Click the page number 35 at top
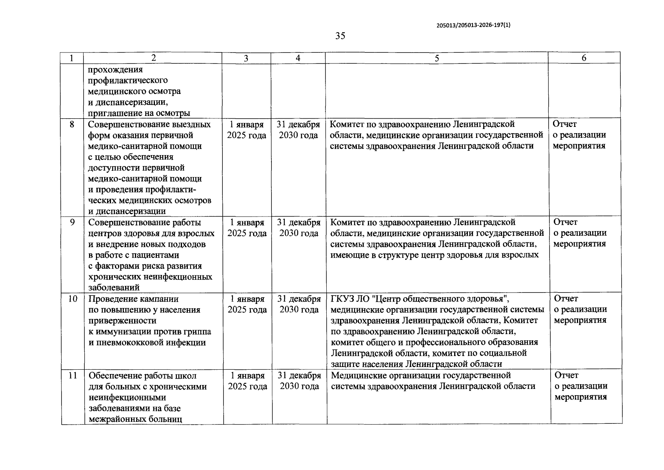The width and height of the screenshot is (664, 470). pyautogui.click(x=340, y=36)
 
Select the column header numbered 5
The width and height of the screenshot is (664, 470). pyautogui.click(x=437, y=58)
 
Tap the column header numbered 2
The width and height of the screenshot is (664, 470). pyautogui.click(x=153, y=58)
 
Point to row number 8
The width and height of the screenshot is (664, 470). pyautogui.click(x=72, y=125)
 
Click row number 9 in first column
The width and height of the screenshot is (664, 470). pyautogui.click(x=72, y=222)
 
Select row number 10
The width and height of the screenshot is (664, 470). pyautogui.click(x=73, y=299)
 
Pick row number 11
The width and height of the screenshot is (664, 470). pyautogui.click(x=73, y=376)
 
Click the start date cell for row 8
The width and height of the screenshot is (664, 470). pyautogui.click(x=247, y=130)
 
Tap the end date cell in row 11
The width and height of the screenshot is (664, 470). pyautogui.click(x=300, y=381)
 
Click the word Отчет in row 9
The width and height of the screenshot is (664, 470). pyautogui.click(x=565, y=222)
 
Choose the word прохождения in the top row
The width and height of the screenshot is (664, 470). pyautogui.click(x=115, y=70)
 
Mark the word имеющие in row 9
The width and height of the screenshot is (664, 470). pyautogui.click(x=347, y=255)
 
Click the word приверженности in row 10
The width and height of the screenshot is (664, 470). pyautogui.click(x=123, y=321)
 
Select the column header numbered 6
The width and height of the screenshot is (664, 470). pyautogui.click(x=584, y=58)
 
